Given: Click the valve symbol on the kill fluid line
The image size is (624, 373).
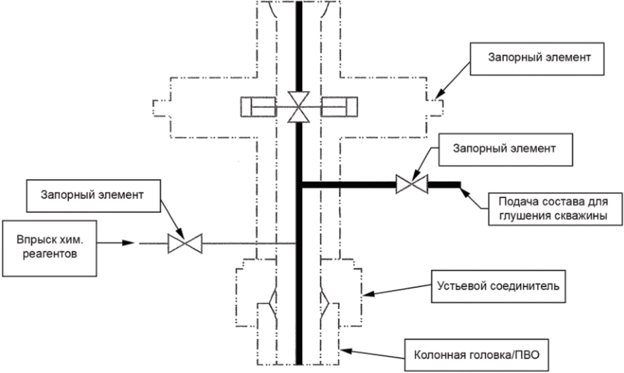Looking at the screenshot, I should [x=412, y=184].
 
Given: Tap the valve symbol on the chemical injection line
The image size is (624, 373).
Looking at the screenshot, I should [x=182, y=244].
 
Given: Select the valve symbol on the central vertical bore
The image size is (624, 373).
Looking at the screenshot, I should [x=298, y=106].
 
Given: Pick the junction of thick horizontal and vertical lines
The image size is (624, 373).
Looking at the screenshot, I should [x=299, y=184].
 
